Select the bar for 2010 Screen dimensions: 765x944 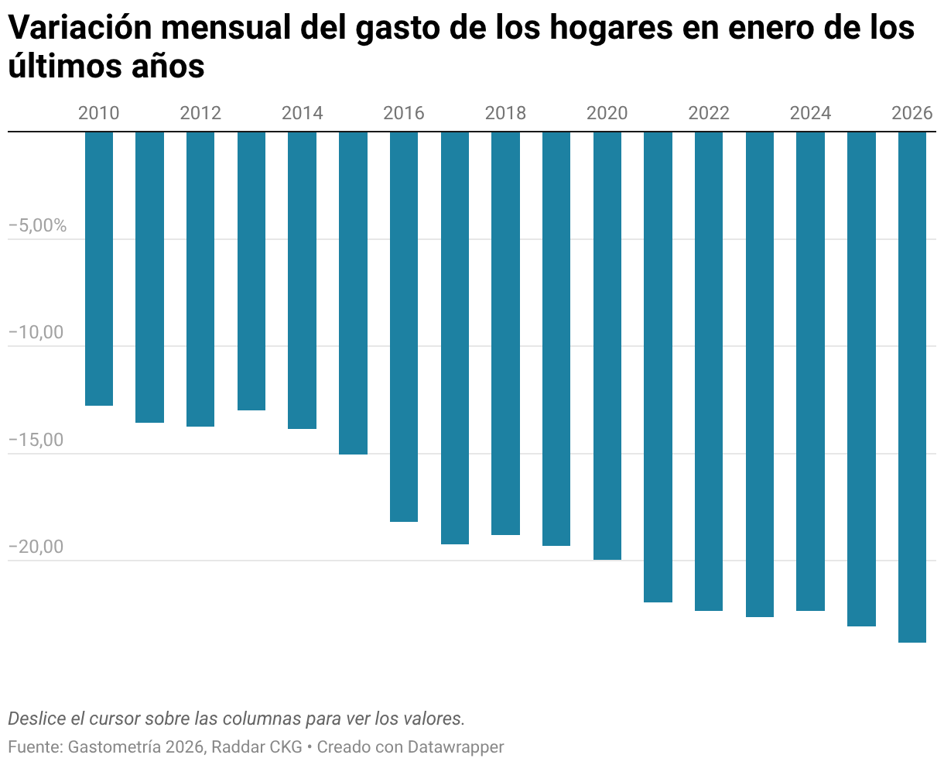[x=99, y=269]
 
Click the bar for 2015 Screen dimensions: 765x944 [x=353, y=293]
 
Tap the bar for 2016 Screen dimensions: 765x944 [x=404, y=327]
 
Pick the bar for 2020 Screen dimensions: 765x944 [x=607, y=345]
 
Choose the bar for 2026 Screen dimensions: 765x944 [x=912, y=387]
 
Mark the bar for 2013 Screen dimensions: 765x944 [x=251, y=271]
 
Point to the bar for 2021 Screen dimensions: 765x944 [x=658, y=367]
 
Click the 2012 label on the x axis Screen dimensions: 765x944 [x=200, y=113]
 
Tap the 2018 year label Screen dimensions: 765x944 [x=505, y=113]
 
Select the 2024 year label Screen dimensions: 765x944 [x=810, y=113]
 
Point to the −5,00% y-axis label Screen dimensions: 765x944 [x=38, y=226]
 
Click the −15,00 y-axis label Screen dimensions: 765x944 [x=36, y=440]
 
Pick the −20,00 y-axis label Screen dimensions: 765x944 [x=36, y=547]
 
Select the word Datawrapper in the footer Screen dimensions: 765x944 [x=456, y=747]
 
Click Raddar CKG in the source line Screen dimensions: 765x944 [x=257, y=747]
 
